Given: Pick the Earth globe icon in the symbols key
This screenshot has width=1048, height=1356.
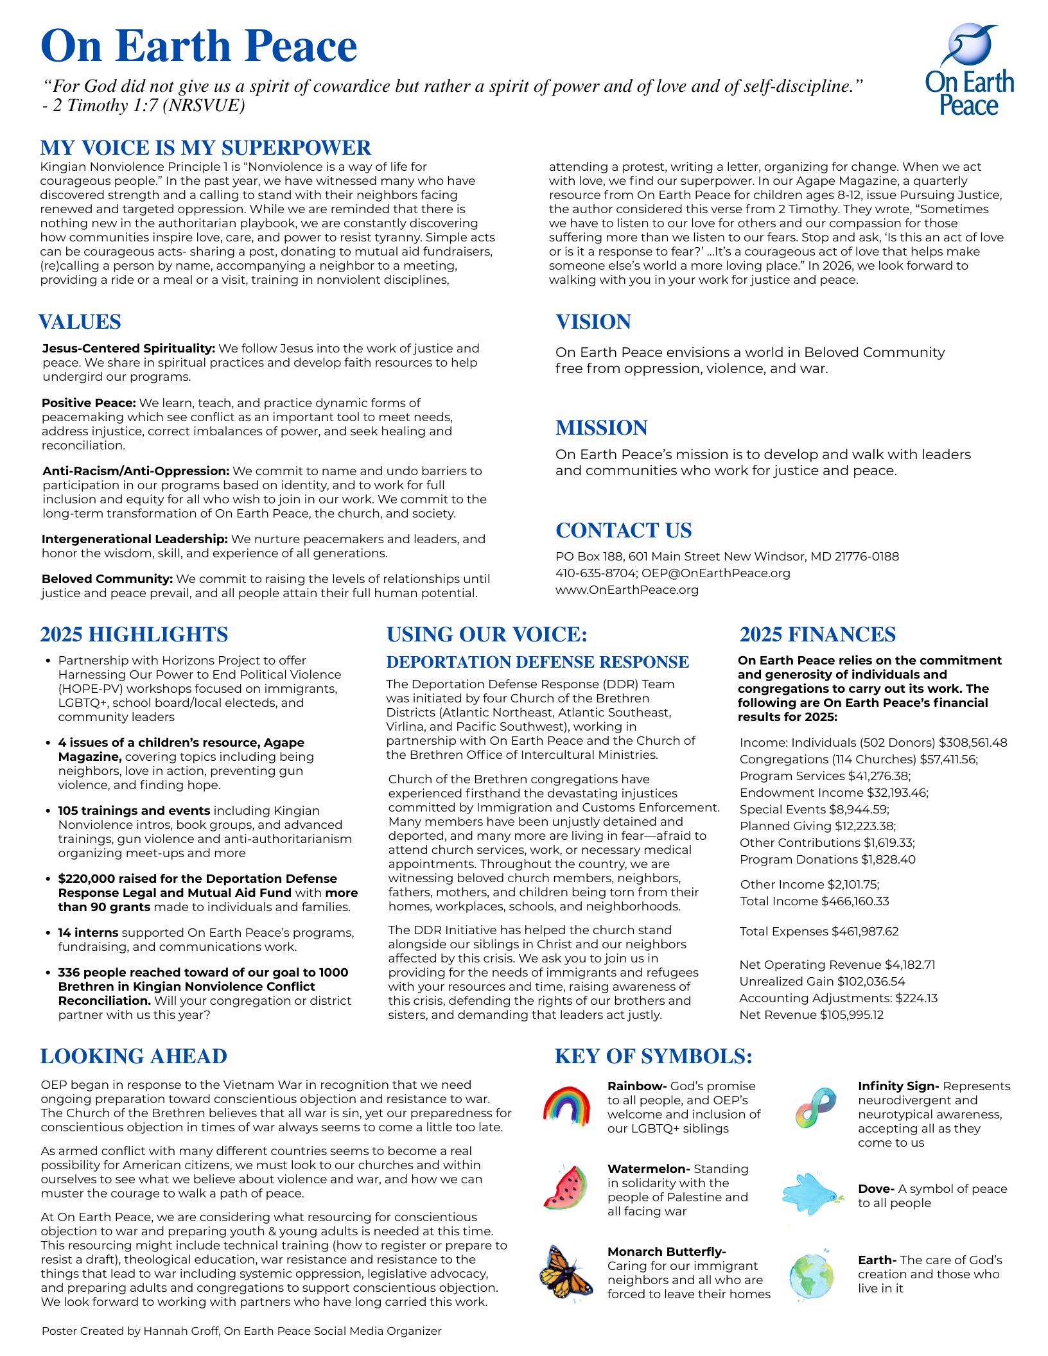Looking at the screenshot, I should (x=812, y=1276).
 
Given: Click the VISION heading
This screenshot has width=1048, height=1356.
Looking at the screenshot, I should (x=593, y=322).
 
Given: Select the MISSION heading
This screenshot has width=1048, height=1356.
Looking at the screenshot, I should (x=602, y=428).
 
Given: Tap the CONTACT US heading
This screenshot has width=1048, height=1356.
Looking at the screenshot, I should (x=624, y=530).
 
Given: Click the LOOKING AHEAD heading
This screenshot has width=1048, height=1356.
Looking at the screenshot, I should (x=134, y=1056).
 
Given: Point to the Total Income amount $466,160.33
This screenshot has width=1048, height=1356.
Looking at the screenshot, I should (x=852, y=901).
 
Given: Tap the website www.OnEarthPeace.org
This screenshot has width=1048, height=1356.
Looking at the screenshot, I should (x=627, y=589).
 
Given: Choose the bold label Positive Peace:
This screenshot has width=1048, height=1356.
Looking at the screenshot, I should (x=89, y=403).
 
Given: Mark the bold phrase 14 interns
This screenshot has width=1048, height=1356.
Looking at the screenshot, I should (x=88, y=933).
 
